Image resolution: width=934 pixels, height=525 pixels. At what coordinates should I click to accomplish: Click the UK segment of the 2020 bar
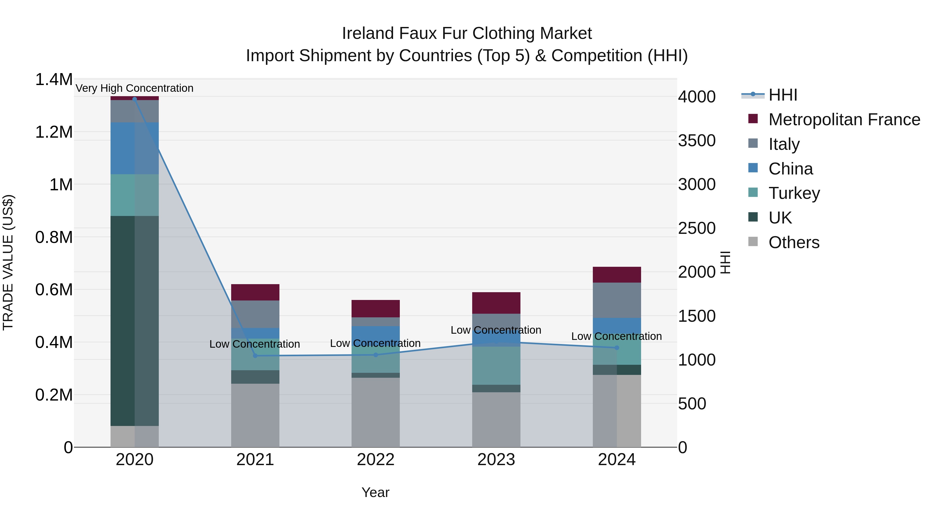pos(134,321)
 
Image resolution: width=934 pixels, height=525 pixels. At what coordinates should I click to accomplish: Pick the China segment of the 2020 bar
pos(134,148)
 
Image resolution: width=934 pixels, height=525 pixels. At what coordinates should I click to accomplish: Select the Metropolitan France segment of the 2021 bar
pos(255,292)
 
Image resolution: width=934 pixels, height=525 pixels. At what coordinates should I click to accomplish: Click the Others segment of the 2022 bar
pos(376,412)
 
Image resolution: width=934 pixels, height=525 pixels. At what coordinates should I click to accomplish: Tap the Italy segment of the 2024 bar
pos(617,300)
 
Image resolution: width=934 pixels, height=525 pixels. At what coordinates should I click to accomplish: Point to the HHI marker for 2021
pos(255,356)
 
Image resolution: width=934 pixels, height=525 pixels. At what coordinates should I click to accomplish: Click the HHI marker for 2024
pos(617,348)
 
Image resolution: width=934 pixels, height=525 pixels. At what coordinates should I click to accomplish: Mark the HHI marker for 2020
pos(134,99)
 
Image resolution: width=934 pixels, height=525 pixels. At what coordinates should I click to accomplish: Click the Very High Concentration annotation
pos(134,88)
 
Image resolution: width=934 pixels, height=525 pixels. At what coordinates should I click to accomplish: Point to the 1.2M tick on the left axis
pos(54,132)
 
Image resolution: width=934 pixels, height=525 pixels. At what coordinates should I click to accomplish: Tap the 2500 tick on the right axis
pos(697,228)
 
